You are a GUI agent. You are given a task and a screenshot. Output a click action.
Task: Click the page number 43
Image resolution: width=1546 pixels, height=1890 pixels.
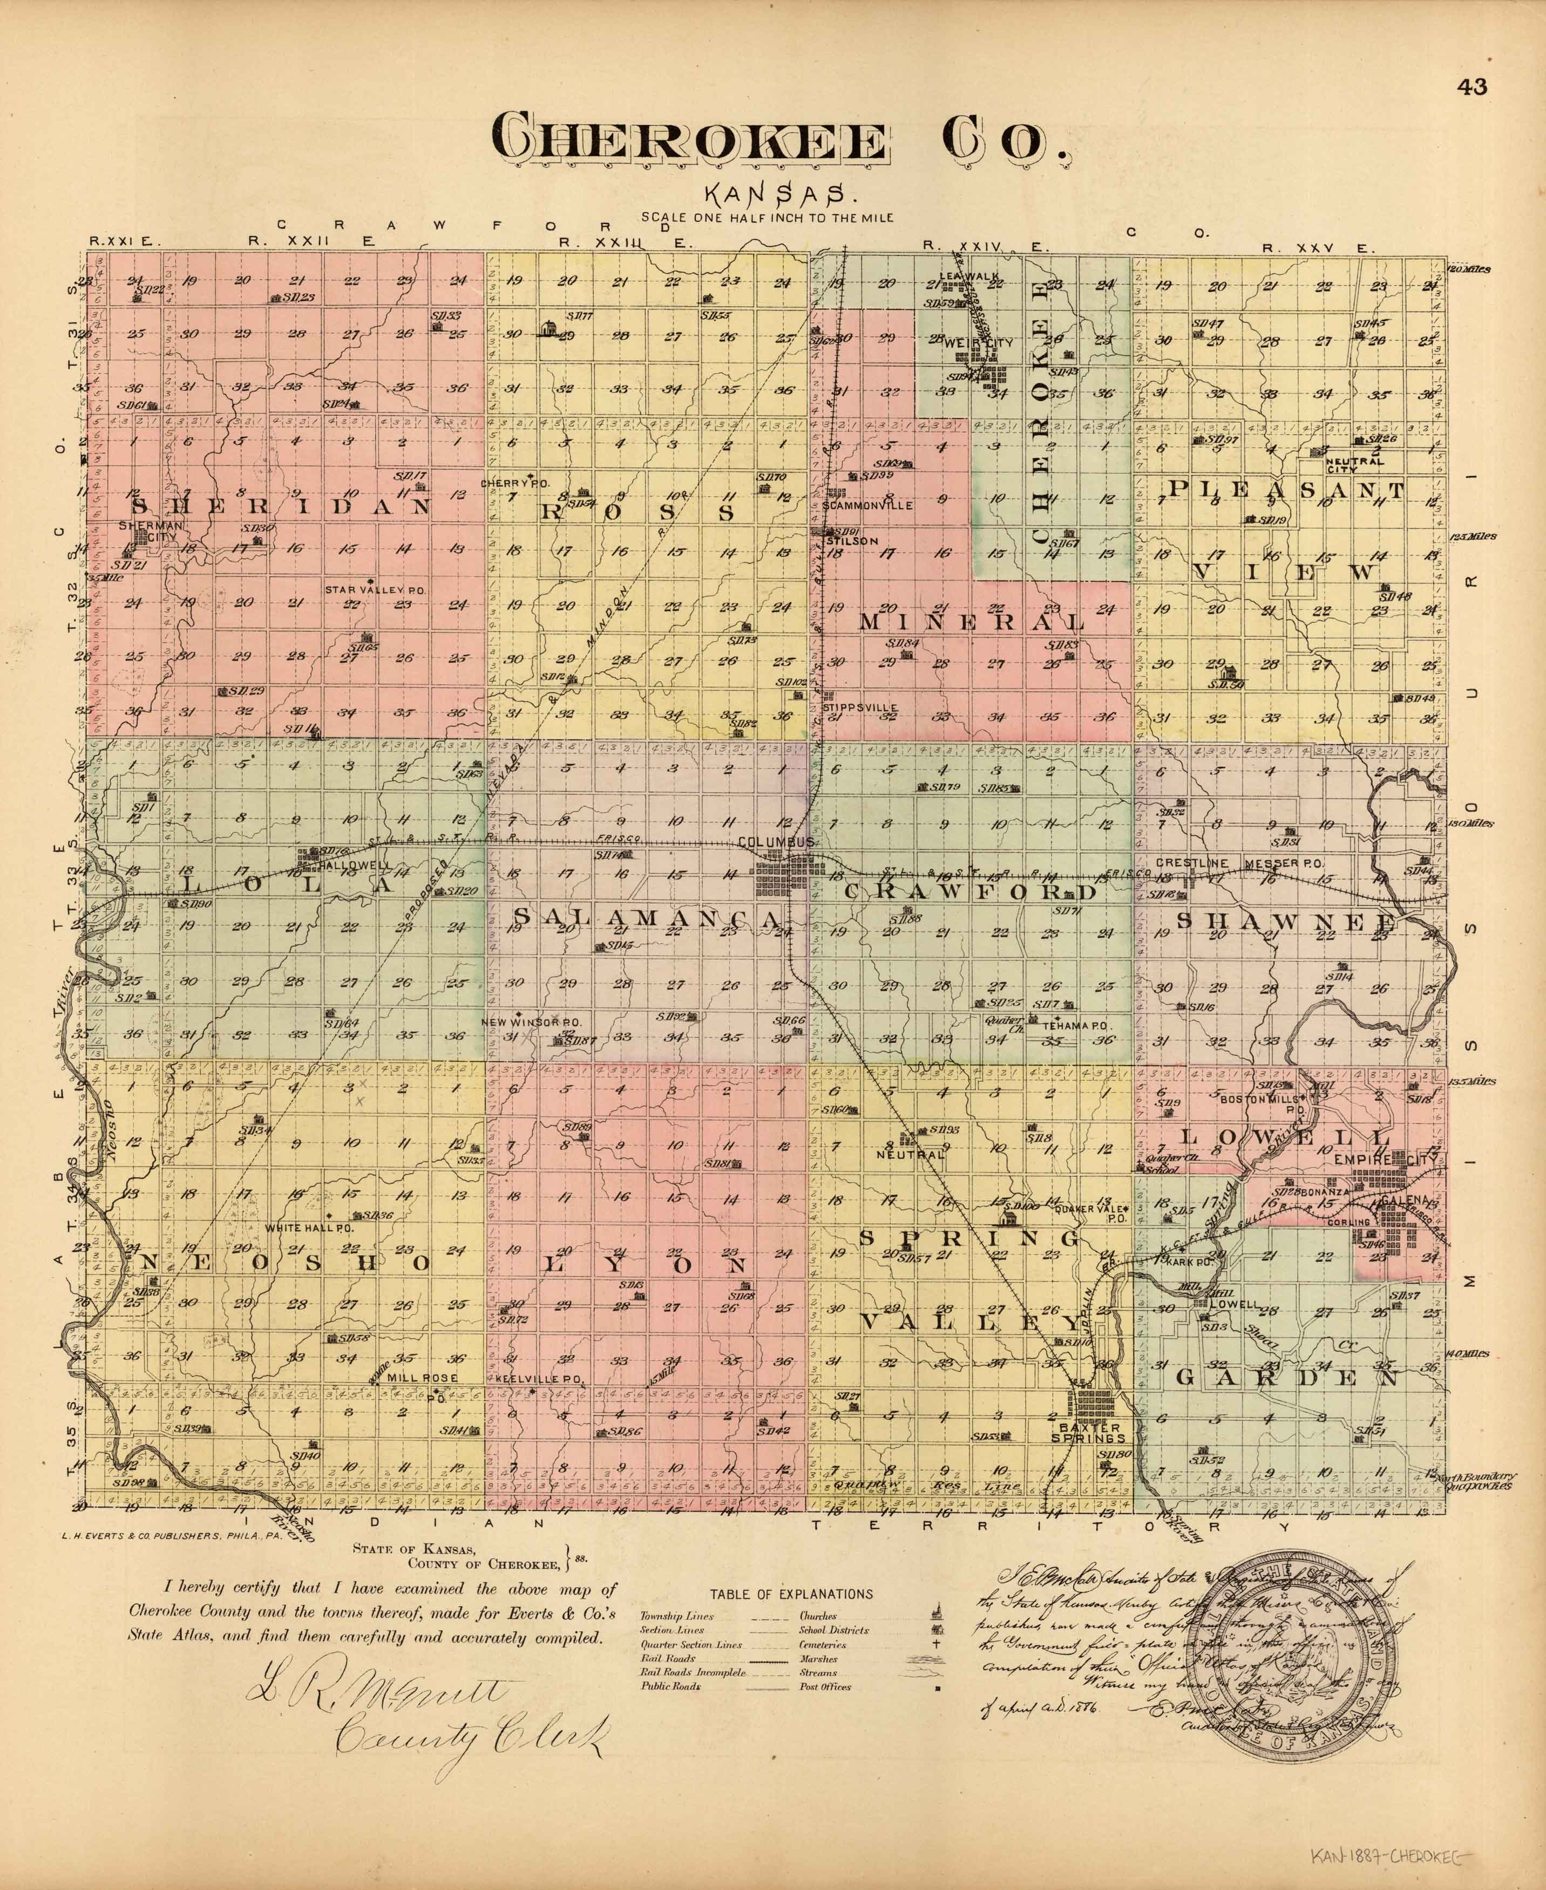(1470, 87)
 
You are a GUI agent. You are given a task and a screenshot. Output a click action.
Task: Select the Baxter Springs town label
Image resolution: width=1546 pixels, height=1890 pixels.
(1092, 1432)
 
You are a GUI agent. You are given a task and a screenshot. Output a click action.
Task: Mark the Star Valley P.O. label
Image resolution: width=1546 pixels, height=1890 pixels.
(376, 590)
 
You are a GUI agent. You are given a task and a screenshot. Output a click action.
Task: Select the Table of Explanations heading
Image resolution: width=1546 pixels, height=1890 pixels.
(791, 1594)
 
